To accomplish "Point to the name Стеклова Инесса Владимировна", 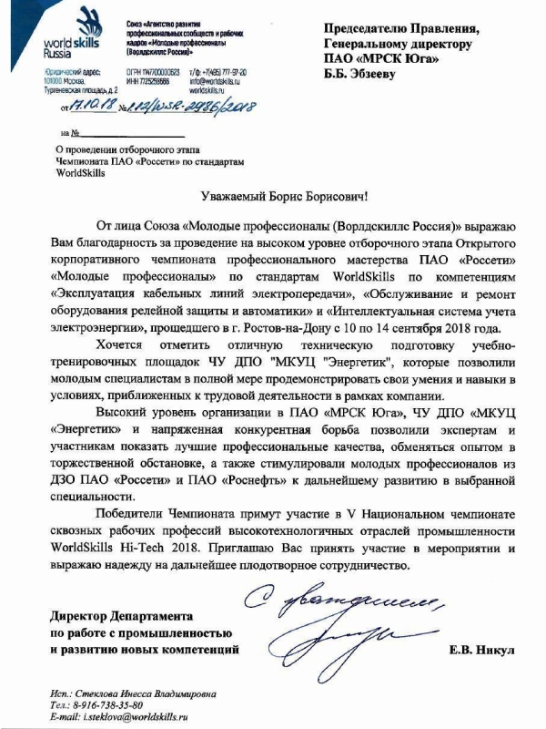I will click(146, 693).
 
